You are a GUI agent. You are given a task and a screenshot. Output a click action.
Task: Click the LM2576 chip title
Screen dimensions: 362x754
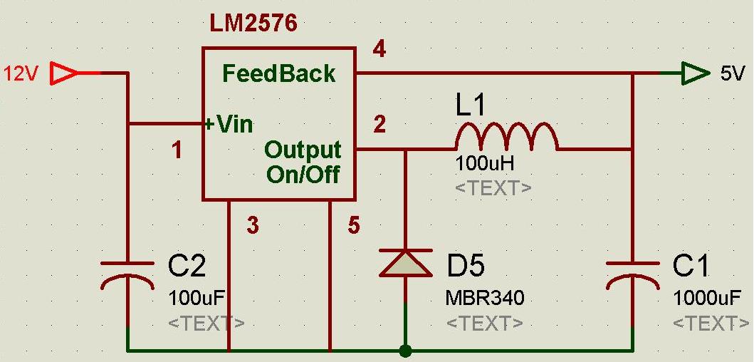(253, 24)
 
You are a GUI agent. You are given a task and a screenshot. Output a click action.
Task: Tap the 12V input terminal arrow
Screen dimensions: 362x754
(66, 73)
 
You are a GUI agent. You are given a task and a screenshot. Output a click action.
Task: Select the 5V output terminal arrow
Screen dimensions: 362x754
(692, 73)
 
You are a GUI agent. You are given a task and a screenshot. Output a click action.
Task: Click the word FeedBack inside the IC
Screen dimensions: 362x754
(278, 73)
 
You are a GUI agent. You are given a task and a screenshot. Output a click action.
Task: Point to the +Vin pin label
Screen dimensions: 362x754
(229, 125)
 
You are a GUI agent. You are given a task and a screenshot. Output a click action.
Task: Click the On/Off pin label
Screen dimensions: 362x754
(303, 174)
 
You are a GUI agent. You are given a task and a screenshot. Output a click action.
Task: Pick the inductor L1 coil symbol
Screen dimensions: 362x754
(506, 137)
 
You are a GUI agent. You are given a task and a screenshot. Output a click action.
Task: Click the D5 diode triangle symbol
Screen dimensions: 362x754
(405, 263)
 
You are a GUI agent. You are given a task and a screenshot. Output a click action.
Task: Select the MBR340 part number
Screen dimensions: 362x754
(486, 297)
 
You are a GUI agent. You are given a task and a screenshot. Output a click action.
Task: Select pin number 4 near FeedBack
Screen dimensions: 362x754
(379, 51)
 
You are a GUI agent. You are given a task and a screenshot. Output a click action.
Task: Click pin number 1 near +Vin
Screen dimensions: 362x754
(177, 150)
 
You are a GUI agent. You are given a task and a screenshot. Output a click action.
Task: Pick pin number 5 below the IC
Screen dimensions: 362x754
(354, 226)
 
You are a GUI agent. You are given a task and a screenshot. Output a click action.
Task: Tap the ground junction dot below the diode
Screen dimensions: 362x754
(405, 351)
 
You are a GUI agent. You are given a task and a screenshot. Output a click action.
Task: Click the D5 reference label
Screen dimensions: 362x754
(466, 267)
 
